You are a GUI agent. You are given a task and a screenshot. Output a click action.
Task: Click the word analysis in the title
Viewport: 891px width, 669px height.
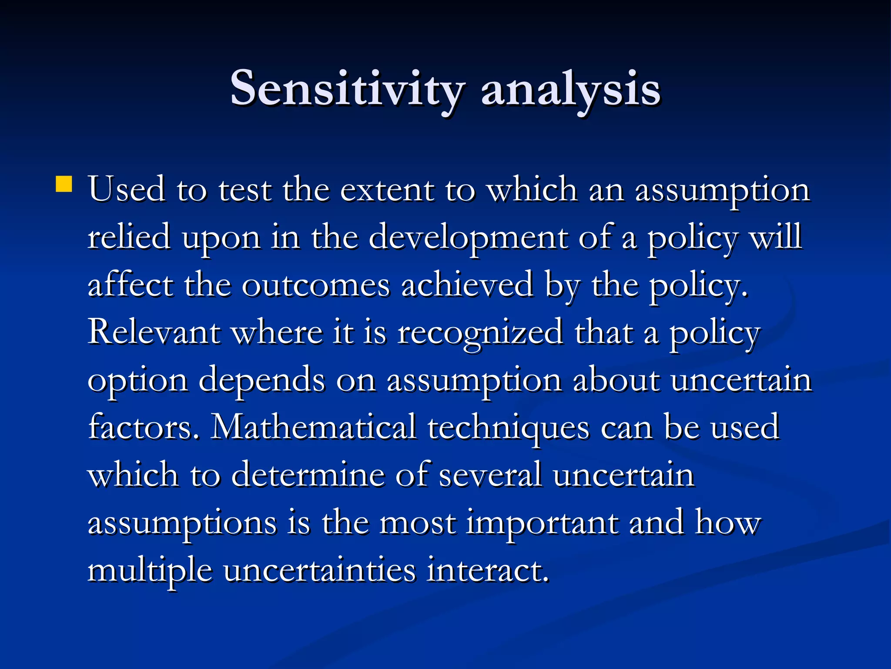click(x=571, y=89)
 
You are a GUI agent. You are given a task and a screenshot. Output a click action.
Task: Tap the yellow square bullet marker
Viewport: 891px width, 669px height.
click(x=64, y=184)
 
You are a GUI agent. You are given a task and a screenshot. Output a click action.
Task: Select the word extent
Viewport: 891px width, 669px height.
click(x=387, y=190)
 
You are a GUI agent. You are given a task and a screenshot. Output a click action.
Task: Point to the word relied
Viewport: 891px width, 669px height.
click(x=129, y=237)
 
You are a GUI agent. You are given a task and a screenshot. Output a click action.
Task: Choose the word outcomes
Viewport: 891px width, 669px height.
click(x=315, y=286)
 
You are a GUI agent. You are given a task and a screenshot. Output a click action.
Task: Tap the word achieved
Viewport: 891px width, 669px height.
click(x=467, y=285)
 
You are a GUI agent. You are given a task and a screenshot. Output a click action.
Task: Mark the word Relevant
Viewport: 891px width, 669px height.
click(x=154, y=332)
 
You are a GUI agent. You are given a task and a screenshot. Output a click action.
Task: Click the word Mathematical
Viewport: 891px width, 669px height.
click(x=313, y=427)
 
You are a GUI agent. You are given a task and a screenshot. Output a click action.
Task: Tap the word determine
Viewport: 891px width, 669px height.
click(x=308, y=475)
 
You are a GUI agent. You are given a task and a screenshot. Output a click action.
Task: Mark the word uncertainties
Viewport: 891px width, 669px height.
click(x=319, y=570)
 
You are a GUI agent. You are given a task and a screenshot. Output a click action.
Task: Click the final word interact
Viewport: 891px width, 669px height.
click(x=487, y=570)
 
